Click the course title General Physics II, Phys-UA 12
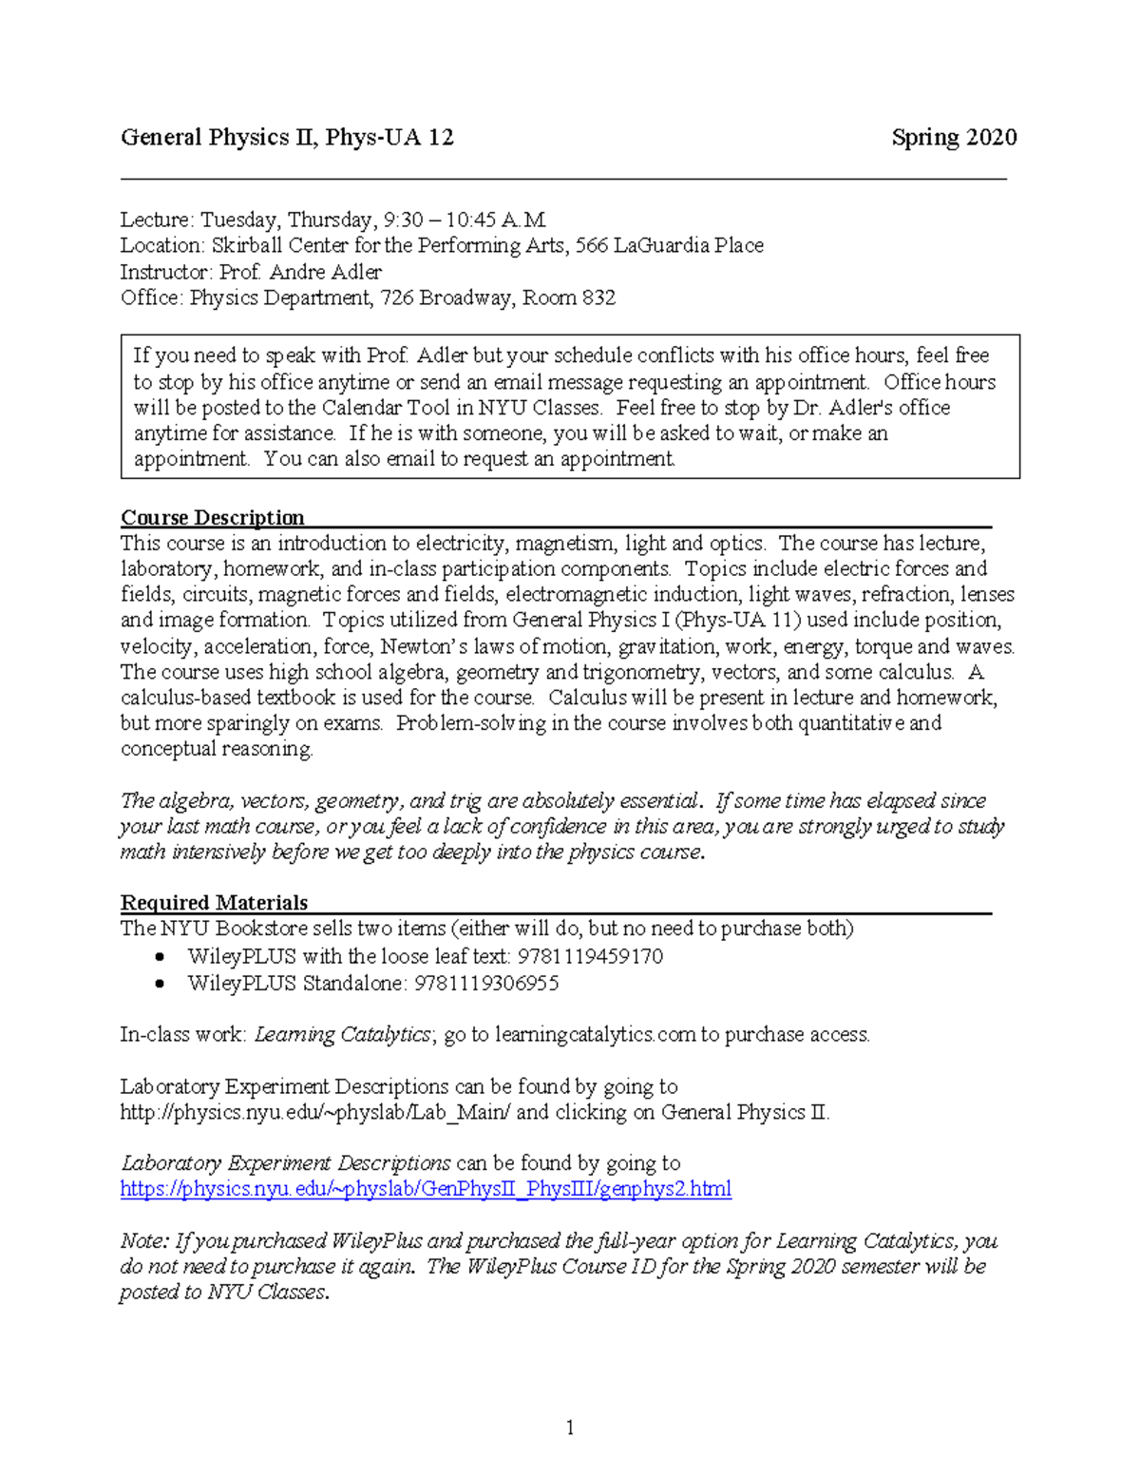[287, 138]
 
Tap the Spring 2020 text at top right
[954, 138]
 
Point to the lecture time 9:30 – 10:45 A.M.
[465, 220]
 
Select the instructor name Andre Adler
[325, 272]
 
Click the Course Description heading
[213, 518]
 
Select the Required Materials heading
[215, 903]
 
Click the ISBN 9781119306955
[485, 983]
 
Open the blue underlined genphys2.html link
[426, 1189]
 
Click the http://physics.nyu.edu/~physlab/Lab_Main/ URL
[315, 1112]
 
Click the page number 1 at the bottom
[570, 1428]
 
